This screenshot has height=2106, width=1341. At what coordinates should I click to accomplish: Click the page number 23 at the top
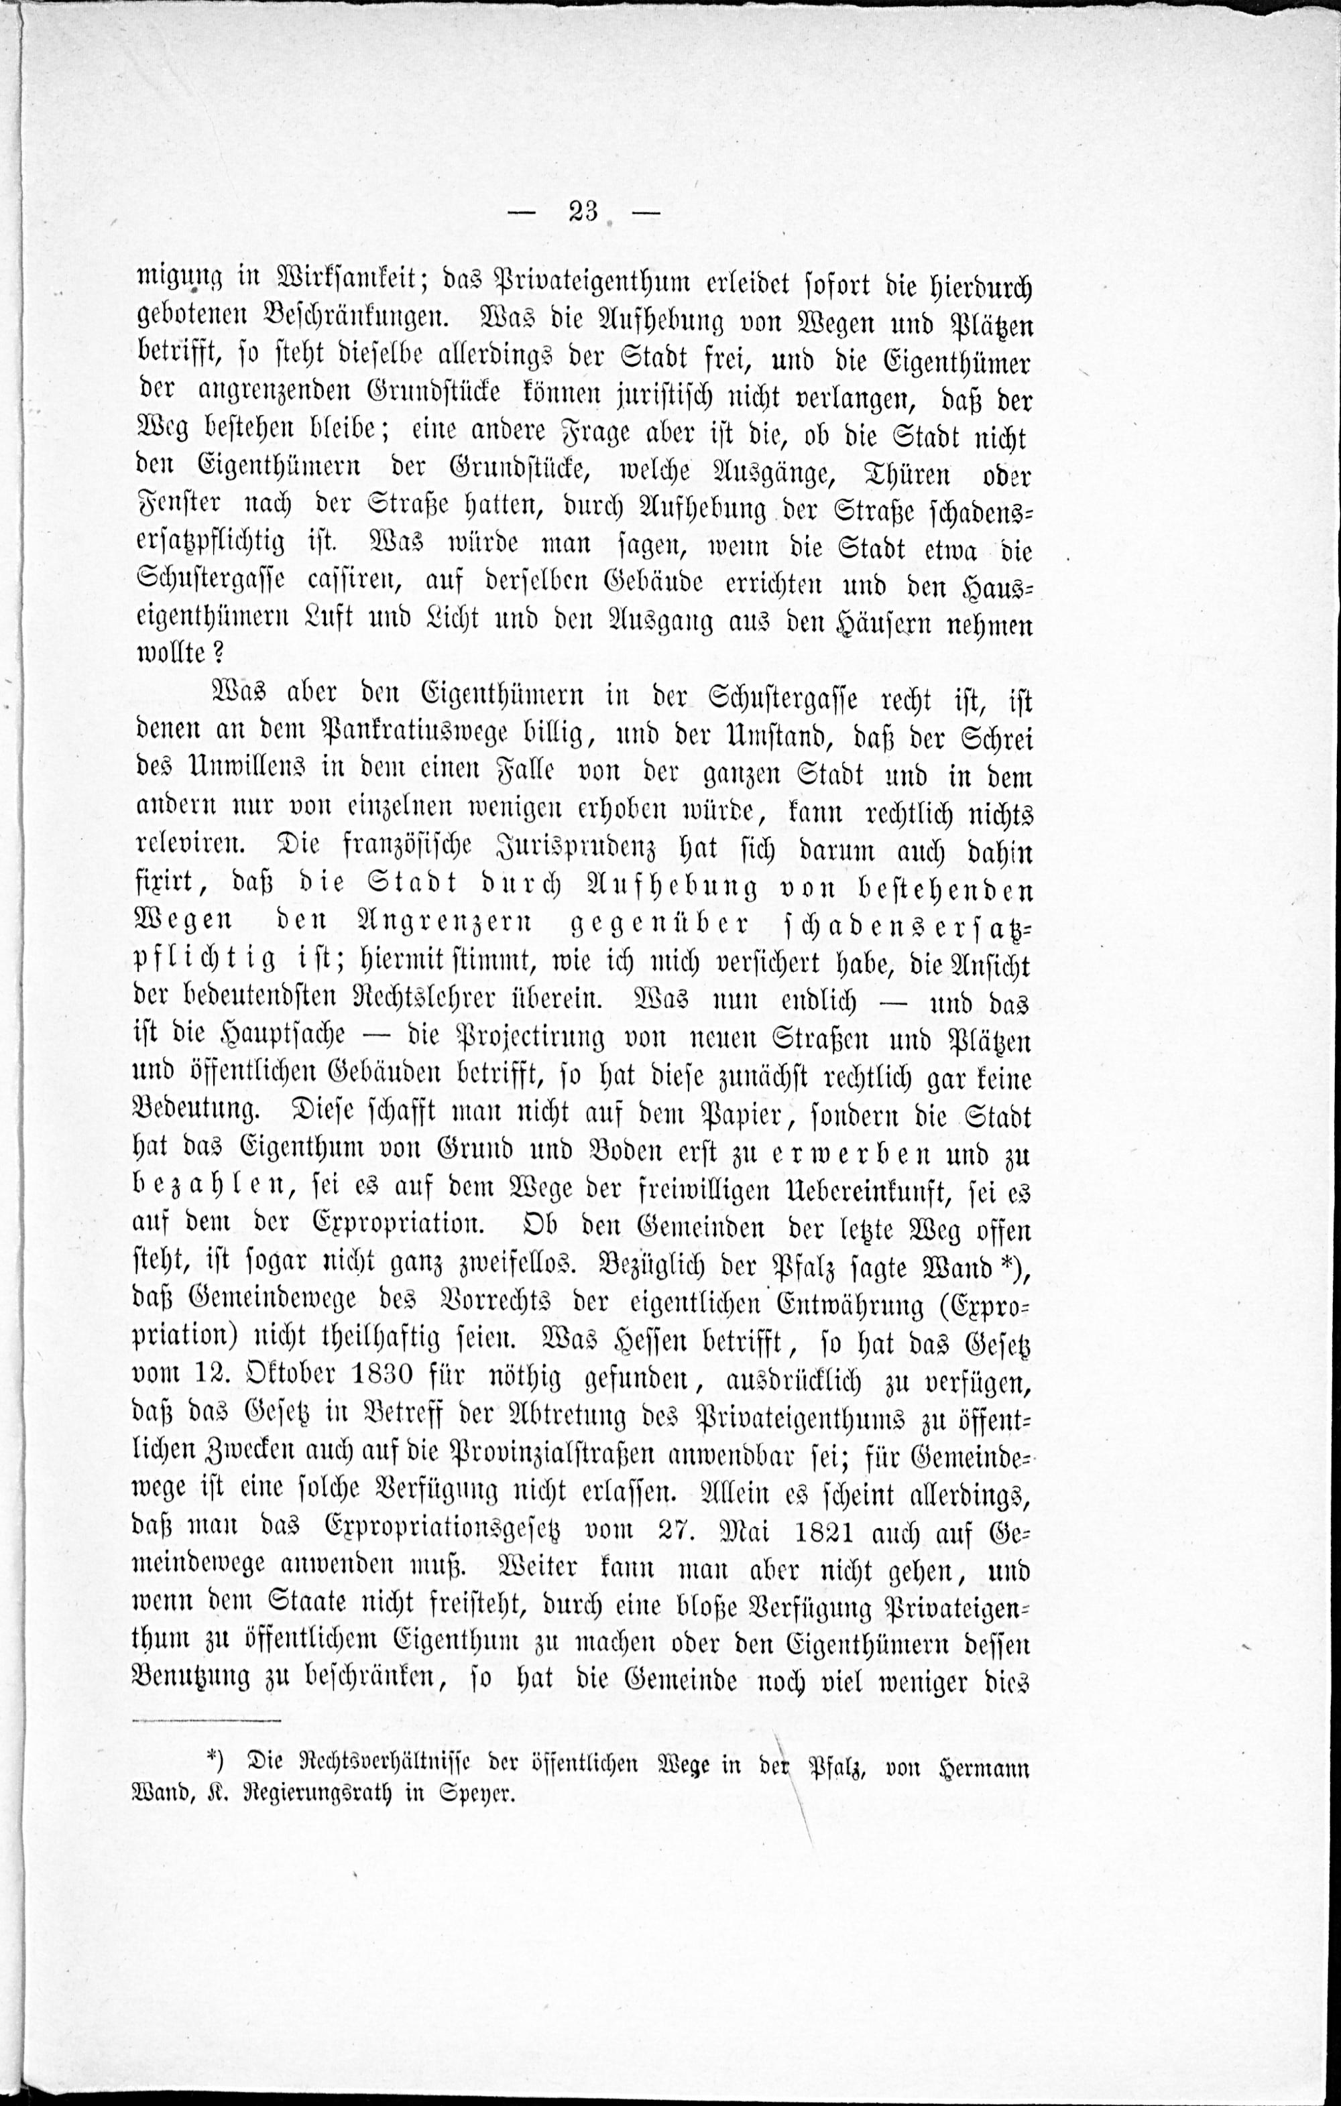tap(582, 212)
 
